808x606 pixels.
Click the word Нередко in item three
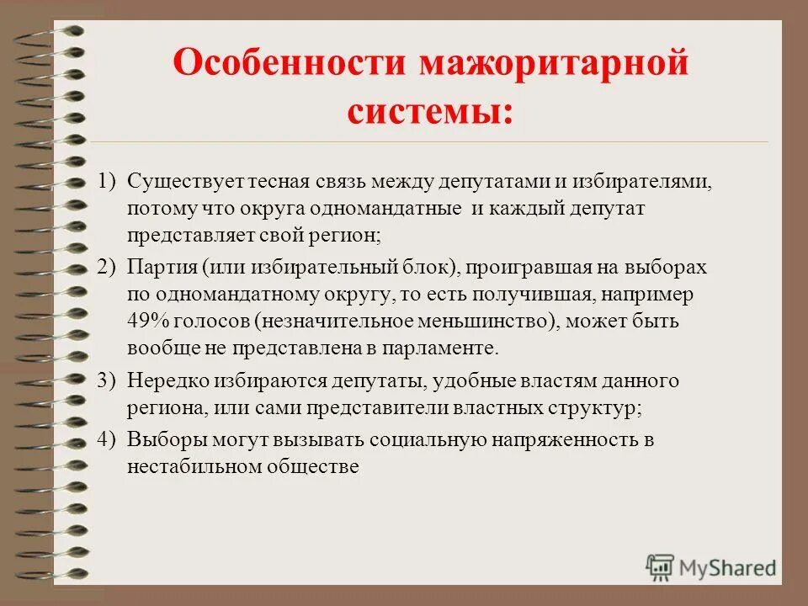pyautogui.click(x=163, y=380)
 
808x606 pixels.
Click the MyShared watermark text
pyautogui.click(x=728, y=567)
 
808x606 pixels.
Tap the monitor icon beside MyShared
pyautogui.click(x=661, y=566)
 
